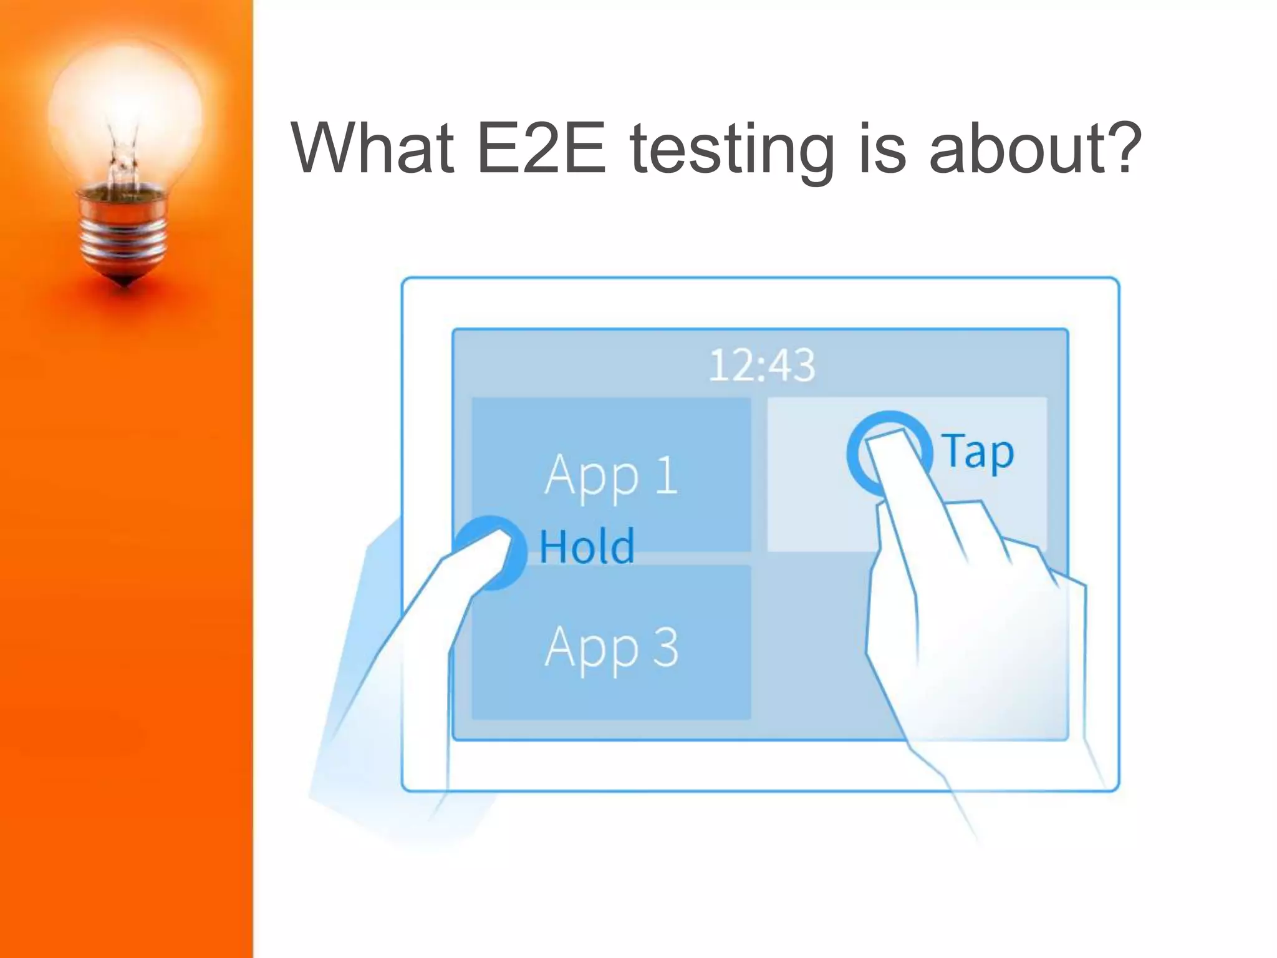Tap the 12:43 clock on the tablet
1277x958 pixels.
(762, 365)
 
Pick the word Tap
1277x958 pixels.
(977, 452)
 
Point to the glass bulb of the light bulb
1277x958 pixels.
(125, 106)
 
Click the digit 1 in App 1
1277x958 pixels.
(667, 475)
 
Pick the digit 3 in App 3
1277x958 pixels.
(666, 647)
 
